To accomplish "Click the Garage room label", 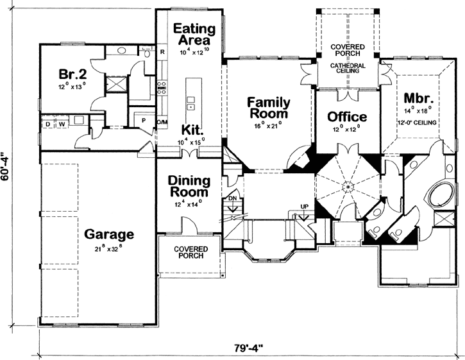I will tap(108, 234).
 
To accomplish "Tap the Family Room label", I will tap(269, 108).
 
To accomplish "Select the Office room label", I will tap(347, 117).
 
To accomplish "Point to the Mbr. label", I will tap(420, 99).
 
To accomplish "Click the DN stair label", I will tap(232, 199).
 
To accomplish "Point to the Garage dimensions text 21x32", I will tap(108, 248).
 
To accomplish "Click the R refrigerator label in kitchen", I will tap(163, 51).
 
